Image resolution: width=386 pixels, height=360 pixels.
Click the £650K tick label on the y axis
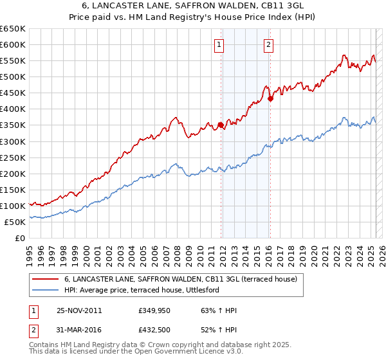13,29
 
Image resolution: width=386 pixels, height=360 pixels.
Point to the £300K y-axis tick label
13,141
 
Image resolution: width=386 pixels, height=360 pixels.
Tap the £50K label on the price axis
15,222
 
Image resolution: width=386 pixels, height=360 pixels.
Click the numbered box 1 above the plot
219,45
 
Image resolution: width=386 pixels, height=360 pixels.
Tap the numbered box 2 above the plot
268,45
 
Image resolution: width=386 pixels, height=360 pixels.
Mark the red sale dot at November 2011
221,125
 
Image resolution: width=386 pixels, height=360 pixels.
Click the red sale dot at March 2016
270,98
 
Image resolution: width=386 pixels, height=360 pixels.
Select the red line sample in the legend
44,280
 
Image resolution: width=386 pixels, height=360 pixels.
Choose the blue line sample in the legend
44,290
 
